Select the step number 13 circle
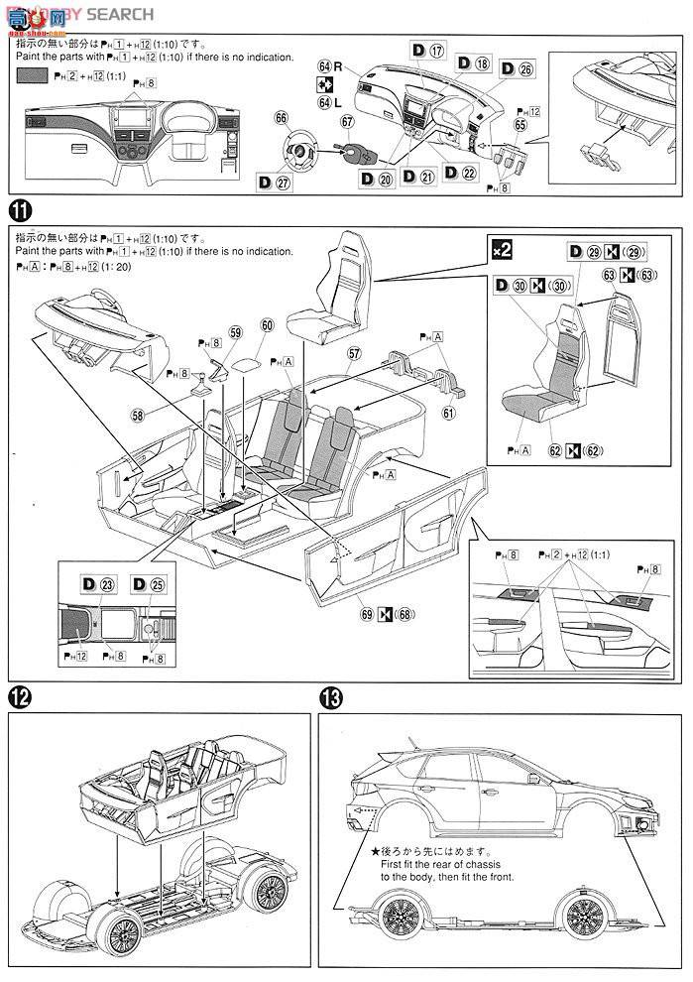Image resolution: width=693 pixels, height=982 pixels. click(332, 697)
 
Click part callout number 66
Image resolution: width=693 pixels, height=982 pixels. click(283, 117)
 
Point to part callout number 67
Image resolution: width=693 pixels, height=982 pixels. click(347, 122)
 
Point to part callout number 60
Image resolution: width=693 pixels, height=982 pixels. click(267, 325)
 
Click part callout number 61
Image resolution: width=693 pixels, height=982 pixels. click(449, 412)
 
